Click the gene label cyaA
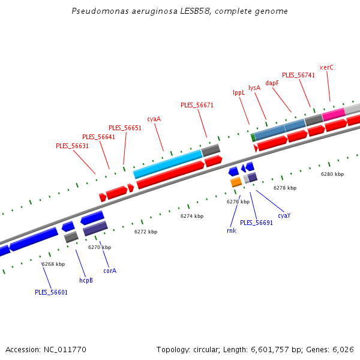154,119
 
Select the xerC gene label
326,67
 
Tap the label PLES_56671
197,105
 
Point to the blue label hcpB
86,280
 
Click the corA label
110,271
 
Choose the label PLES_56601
51,292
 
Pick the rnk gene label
231,230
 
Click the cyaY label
284,215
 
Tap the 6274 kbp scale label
192,216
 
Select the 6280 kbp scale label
332,174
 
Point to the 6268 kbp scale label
53,264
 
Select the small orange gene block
236,181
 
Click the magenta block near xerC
334,113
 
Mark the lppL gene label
239,92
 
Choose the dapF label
272,83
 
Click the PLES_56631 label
72,146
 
